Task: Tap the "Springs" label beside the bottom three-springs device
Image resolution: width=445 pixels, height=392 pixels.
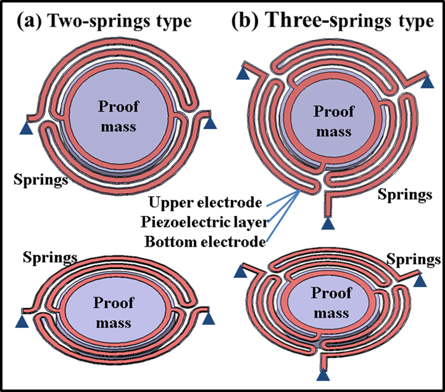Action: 413,260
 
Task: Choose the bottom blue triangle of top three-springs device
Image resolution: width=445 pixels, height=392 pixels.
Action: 327,222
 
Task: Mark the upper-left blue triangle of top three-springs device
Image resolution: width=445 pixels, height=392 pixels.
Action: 243,74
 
